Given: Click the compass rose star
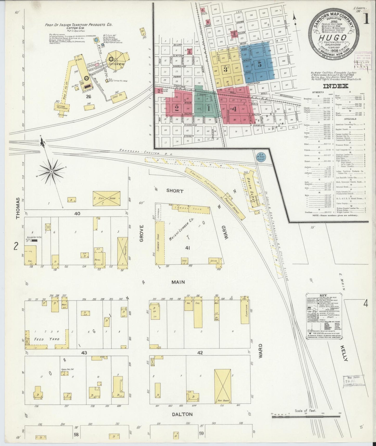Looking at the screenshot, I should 52,172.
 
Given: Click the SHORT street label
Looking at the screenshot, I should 175,191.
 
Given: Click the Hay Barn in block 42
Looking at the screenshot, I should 223,389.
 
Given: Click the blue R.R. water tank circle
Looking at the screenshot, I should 259,155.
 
